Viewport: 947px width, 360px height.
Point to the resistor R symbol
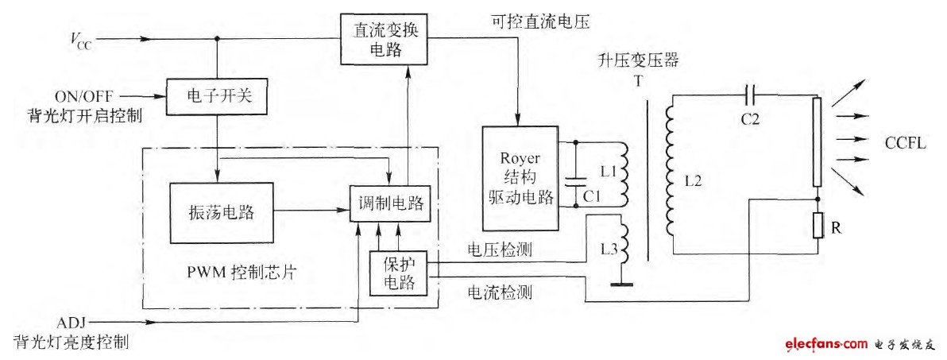pos(818,226)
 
